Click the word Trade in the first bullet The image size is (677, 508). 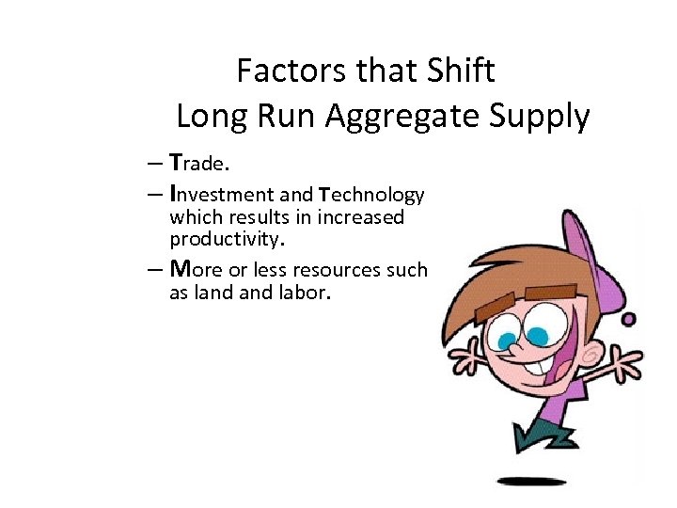[x=198, y=163]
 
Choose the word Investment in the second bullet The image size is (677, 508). [x=222, y=195]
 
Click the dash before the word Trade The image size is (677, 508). [x=153, y=163]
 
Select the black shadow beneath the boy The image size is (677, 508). [x=531, y=482]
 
